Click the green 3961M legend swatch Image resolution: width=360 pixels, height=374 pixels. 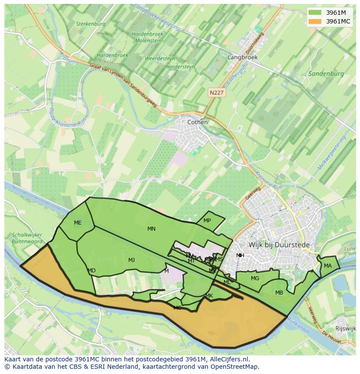point(315,13)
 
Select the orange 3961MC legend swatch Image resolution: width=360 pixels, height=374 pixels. point(315,21)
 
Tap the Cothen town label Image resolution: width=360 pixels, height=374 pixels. point(197,122)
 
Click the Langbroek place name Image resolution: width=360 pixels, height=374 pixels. point(243,57)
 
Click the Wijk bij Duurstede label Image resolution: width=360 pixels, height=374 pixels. point(279,245)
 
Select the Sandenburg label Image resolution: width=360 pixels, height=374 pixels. point(326,74)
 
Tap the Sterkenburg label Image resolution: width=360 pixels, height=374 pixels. point(90,24)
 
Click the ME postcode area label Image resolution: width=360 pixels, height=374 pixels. point(77,223)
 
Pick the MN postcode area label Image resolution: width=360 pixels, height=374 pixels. point(151,229)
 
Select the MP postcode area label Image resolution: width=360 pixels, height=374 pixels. point(207,221)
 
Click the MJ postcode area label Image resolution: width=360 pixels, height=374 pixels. point(131,260)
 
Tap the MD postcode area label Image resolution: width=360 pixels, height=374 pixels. point(91,271)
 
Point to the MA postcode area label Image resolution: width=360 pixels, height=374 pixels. point(327,266)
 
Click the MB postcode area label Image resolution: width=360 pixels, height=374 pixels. point(279,293)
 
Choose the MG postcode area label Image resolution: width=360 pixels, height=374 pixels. point(255,278)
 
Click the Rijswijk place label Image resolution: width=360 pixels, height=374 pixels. point(346,328)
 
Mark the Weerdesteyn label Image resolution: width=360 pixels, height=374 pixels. point(160,59)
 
